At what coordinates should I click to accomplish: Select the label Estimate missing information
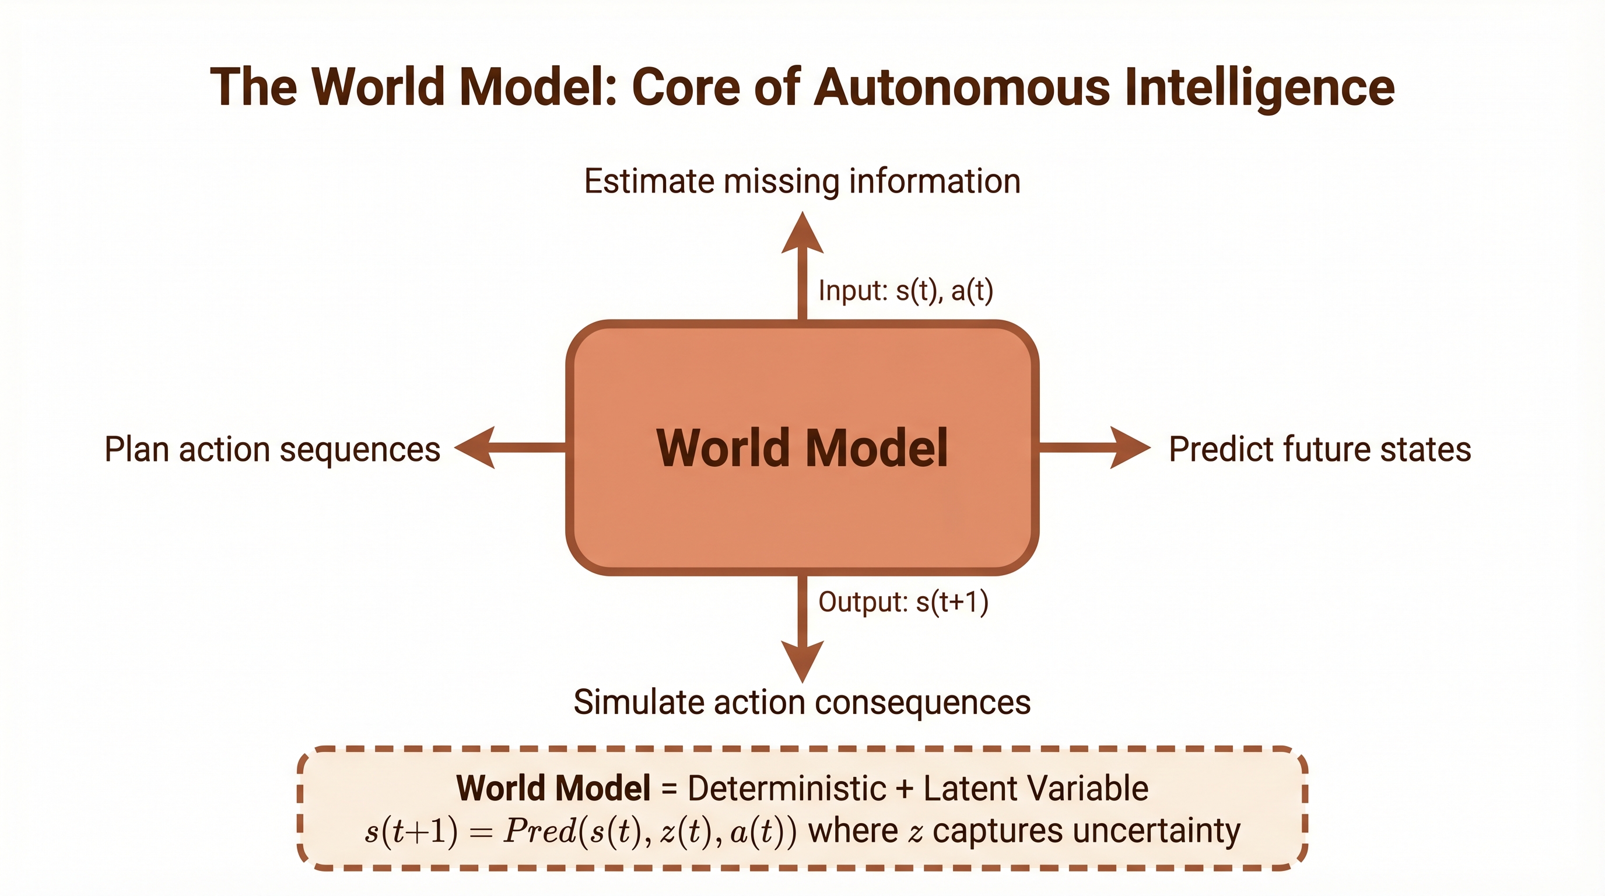click(x=802, y=181)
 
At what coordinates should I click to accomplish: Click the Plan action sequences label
click(x=272, y=450)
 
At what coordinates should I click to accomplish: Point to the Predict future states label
click(x=1320, y=449)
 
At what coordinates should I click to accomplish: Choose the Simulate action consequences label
click(x=802, y=702)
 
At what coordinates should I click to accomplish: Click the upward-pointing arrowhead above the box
click(x=802, y=232)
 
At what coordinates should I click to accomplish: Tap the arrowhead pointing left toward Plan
click(x=475, y=447)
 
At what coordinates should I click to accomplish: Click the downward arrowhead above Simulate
click(x=802, y=662)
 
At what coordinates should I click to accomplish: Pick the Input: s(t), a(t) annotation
click(x=905, y=290)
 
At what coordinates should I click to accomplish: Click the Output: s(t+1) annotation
click(x=903, y=602)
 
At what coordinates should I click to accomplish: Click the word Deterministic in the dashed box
click(x=786, y=788)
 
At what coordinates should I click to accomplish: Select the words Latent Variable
click(x=1036, y=788)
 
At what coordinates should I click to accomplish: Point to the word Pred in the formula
click(x=540, y=831)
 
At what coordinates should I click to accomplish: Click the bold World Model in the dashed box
click(x=553, y=788)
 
